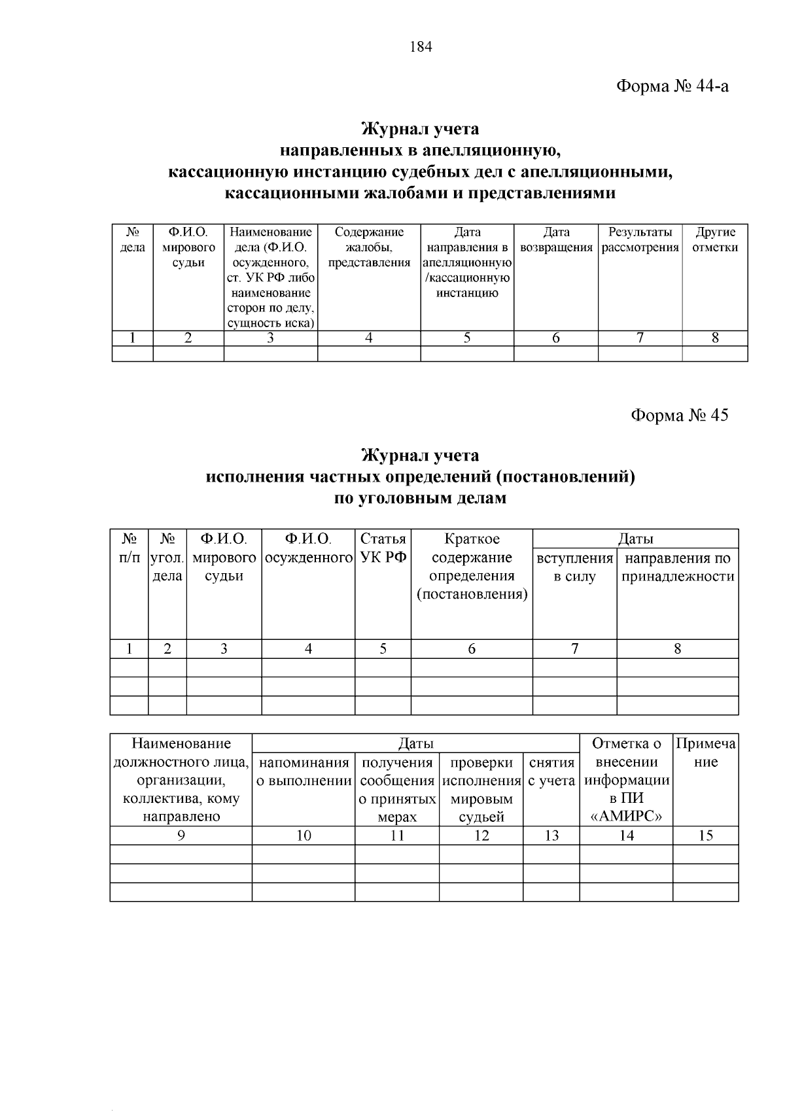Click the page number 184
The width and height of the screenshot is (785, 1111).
click(x=421, y=46)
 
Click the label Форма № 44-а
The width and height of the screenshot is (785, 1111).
click(x=672, y=86)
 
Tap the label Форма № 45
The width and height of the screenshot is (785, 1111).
click(x=679, y=415)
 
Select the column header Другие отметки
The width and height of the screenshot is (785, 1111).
click(x=715, y=239)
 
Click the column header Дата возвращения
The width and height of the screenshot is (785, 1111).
click(x=556, y=239)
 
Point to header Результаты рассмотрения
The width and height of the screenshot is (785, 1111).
click(x=640, y=239)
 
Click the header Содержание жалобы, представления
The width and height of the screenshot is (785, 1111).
click(x=369, y=247)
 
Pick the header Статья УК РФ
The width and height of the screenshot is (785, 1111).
click(x=383, y=548)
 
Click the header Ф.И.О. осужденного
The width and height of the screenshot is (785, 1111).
click(x=308, y=548)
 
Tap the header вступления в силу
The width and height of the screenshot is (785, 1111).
click(x=574, y=567)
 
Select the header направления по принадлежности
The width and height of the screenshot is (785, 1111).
click(x=678, y=567)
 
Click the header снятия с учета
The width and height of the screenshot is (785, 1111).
click(x=551, y=771)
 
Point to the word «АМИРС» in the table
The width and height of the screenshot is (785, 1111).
click(x=626, y=817)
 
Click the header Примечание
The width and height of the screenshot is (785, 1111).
click(x=705, y=753)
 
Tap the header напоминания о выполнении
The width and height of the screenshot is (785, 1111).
click(x=304, y=771)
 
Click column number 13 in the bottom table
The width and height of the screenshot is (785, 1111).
click(x=551, y=836)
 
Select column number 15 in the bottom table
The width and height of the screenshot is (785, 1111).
click(x=705, y=836)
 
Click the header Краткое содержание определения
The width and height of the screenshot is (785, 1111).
click(x=472, y=567)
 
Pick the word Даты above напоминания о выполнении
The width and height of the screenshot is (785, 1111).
click(x=416, y=743)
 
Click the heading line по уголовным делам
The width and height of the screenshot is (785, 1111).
click(x=420, y=498)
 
